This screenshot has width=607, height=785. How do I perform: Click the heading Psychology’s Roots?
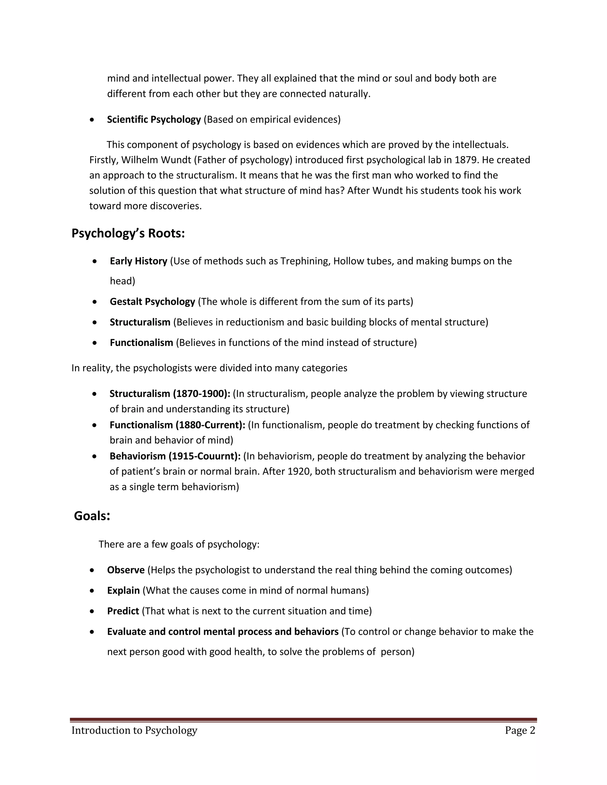click(x=128, y=234)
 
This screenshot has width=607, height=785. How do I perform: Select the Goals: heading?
click(x=92, y=516)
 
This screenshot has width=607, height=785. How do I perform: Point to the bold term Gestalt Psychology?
click(x=152, y=302)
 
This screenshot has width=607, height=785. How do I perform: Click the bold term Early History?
click(x=138, y=261)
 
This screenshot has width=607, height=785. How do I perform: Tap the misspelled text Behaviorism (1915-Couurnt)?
click(x=175, y=456)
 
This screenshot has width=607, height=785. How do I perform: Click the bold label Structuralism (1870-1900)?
click(x=170, y=394)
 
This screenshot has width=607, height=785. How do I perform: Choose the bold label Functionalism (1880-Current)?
click(x=177, y=425)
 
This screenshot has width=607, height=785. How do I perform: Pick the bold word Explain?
click(x=123, y=591)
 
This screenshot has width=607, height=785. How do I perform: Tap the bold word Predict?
click(x=123, y=611)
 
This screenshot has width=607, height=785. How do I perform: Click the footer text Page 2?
click(x=520, y=730)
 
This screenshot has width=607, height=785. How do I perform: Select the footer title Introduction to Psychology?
click(x=135, y=730)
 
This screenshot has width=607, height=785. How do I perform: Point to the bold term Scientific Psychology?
click(x=154, y=120)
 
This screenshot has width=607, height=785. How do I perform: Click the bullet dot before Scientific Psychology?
click(x=93, y=120)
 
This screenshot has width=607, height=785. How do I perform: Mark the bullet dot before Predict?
click(x=93, y=611)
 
